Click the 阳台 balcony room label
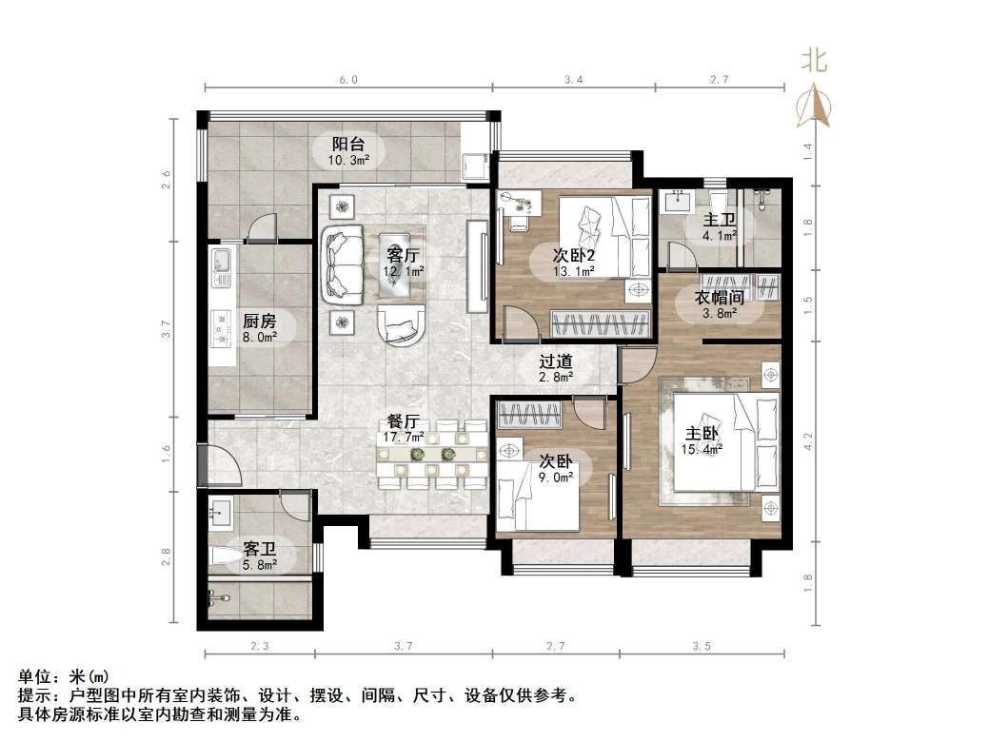(x=348, y=145)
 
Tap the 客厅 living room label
(x=403, y=255)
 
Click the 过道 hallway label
(x=555, y=361)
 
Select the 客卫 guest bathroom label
(x=259, y=549)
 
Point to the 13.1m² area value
(x=575, y=270)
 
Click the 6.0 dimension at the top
(x=347, y=81)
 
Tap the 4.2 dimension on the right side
(x=808, y=440)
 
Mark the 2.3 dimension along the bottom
(x=259, y=647)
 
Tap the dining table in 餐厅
(x=433, y=456)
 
